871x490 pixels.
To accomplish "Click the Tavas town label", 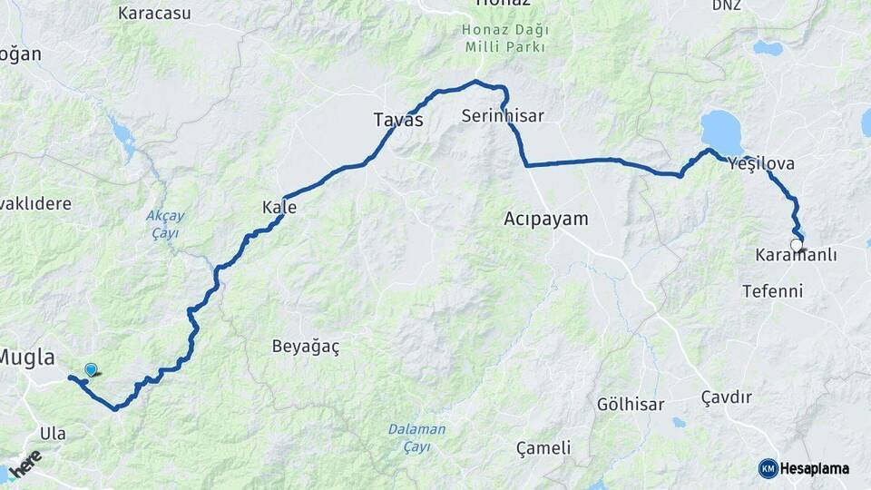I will (x=398, y=119).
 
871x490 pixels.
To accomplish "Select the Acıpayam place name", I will (x=546, y=219).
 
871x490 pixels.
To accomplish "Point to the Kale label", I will (x=279, y=208).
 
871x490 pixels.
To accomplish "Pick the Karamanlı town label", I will (x=796, y=257).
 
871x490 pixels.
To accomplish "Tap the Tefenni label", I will (x=772, y=291).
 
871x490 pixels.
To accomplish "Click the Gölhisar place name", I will (x=631, y=404).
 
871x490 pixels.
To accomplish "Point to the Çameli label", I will (x=543, y=447).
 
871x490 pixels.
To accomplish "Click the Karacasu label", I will (x=154, y=14).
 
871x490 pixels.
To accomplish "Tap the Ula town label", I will (x=53, y=434).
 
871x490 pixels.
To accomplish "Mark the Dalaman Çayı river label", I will (x=416, y=436).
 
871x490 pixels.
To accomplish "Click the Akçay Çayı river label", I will (x=164, y=224).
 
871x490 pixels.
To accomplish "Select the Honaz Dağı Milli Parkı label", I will (x=505, y=37).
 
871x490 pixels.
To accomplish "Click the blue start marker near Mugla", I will (x=91, y=369).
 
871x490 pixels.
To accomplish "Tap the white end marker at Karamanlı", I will (x=797, y=245).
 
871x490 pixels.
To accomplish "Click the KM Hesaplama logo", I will (x=804, y=468).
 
